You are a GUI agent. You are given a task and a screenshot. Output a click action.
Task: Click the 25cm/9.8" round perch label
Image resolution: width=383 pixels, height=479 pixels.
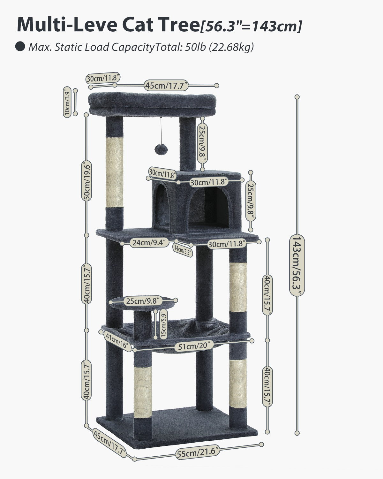143,300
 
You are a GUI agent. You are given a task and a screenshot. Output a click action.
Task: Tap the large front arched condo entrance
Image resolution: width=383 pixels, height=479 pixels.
209,206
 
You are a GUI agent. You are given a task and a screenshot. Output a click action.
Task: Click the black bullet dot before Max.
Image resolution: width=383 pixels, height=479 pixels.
20,47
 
